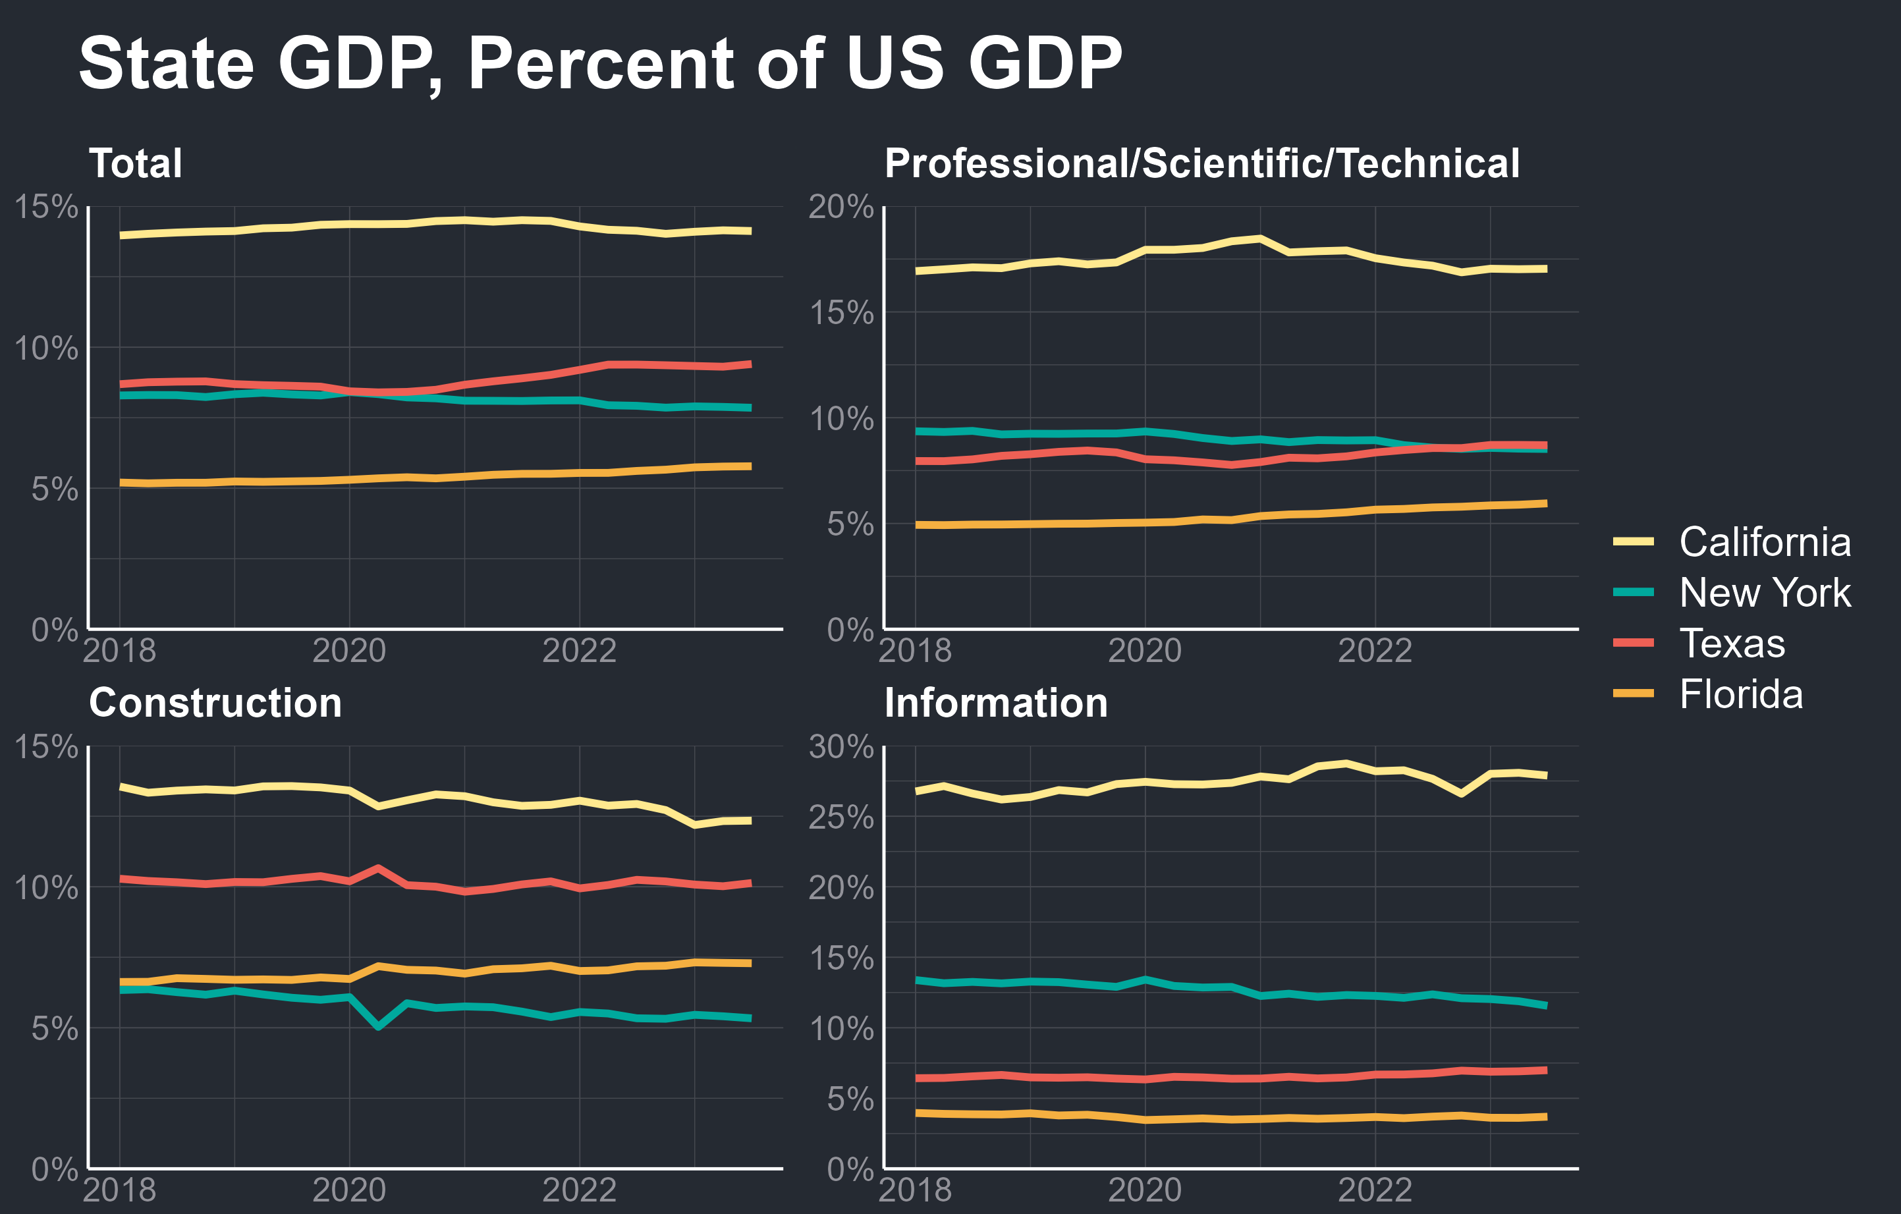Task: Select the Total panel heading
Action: (x=136, y=163)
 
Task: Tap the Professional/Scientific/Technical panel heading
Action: (x=1201, y=163)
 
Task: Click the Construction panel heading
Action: (x=215, y=702)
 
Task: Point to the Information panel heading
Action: (x=995, y=702)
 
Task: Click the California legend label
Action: (x=1765, y=542)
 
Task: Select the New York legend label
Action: (x=1765, y=593)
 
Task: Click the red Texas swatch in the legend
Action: (x=1634, y=644)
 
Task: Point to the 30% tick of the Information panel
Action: (x=840, y=747)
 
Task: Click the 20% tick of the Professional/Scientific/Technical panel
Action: (x=840, y=207)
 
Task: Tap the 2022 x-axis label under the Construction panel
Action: (x=579, y=1190)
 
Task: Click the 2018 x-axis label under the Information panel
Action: (x=915, y=1190)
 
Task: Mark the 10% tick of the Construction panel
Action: (x=46, y=888)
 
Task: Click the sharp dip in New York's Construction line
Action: (x=378, y=1027)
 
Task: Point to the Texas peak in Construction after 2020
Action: (x=378, y=868)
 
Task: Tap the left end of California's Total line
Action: (x=121, y=235)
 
